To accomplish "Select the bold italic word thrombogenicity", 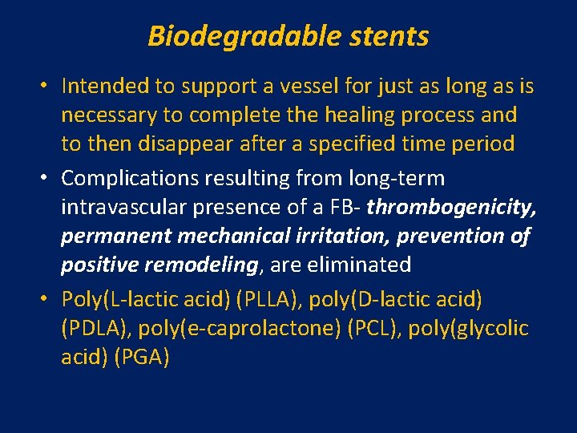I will click(453, 207).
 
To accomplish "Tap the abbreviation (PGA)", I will click(142, 357).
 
